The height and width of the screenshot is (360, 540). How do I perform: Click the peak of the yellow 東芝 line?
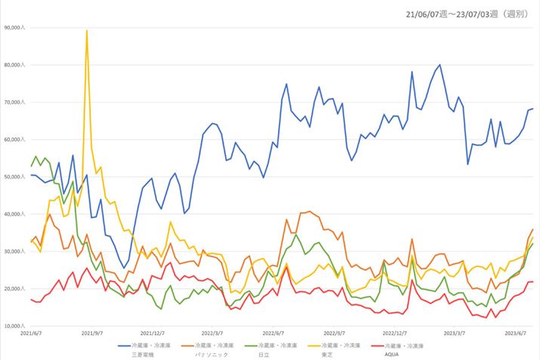(x=87, y=31)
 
